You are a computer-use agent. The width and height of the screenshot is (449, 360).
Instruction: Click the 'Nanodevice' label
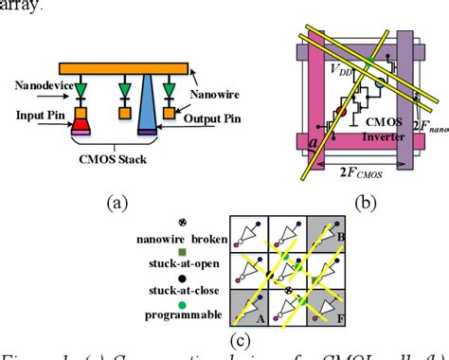coord(42,85)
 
